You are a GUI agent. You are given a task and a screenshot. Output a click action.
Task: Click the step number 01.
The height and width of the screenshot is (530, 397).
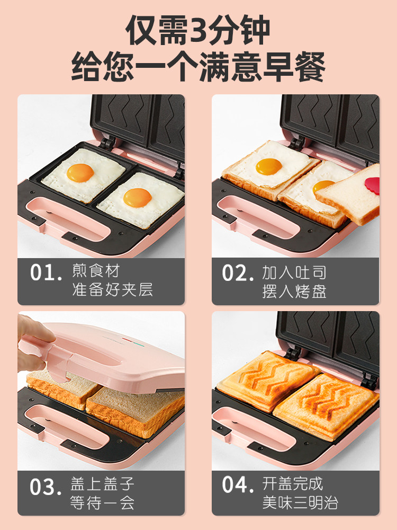[46, 272]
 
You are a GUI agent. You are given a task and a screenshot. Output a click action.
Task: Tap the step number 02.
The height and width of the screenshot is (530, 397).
[238, 273]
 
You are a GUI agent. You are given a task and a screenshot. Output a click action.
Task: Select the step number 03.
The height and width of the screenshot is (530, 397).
[46, 487]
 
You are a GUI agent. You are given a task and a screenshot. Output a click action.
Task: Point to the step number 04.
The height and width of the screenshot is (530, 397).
[238, 484]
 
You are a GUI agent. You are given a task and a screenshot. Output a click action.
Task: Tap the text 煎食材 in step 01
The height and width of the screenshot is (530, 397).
[96, 271]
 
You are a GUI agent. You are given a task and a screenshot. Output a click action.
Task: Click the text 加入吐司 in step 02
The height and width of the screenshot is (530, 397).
[294, 272]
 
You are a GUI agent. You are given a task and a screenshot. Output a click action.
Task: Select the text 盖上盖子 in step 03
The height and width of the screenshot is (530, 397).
[102, 484]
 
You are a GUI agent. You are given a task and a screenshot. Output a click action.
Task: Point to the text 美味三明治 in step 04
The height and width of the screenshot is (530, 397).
[300, 502]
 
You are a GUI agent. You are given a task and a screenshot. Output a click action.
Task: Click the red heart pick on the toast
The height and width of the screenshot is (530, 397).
[372, 185]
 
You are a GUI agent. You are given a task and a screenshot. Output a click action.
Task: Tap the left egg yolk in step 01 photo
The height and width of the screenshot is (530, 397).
[80, 173]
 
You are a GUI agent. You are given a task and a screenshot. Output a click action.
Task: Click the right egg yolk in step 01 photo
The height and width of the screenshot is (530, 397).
[137, 198]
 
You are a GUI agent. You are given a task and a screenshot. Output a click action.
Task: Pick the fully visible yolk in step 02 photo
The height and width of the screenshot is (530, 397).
[269, 166]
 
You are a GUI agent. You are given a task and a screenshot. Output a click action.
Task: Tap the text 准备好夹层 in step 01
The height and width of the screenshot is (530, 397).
[112, 290]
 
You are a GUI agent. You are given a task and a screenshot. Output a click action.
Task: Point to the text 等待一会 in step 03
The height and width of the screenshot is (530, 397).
[102, 502]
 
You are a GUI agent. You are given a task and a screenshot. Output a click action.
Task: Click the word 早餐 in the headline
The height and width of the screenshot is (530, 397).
[294, 66]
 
